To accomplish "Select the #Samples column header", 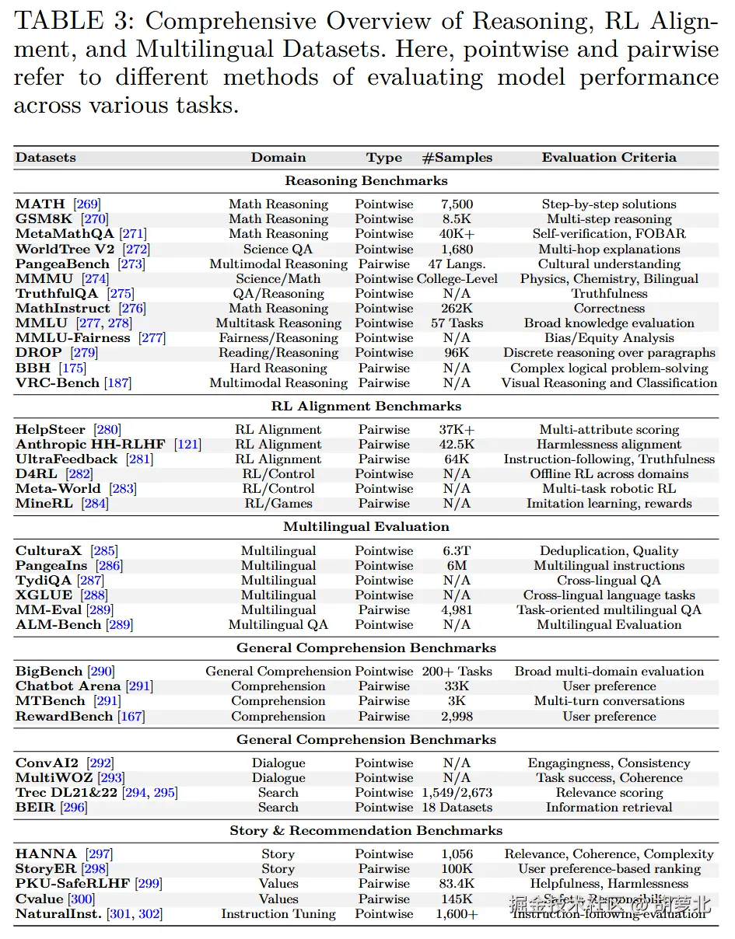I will (457, 157).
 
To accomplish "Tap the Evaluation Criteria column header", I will (609, 157).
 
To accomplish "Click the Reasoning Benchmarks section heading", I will (366, 181).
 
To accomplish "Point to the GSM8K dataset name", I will (45, 219).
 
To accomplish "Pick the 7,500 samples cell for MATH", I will (457, 204).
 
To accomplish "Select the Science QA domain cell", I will (278, 250).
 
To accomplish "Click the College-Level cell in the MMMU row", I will (457, 279).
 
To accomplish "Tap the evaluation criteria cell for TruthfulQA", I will (609, 294).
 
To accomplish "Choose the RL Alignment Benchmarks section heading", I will (366, 407).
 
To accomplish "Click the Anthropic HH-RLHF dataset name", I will (90, 445).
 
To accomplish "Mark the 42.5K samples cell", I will (457, 445).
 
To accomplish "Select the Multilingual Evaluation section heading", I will (366, 527).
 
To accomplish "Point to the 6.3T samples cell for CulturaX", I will (457, 551).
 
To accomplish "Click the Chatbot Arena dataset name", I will (68, 686).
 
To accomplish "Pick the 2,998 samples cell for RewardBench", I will (457, 717).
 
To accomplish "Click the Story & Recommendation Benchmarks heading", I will (366, 831).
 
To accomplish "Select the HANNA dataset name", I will (46, 854).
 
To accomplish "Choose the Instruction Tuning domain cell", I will (278, 914).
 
